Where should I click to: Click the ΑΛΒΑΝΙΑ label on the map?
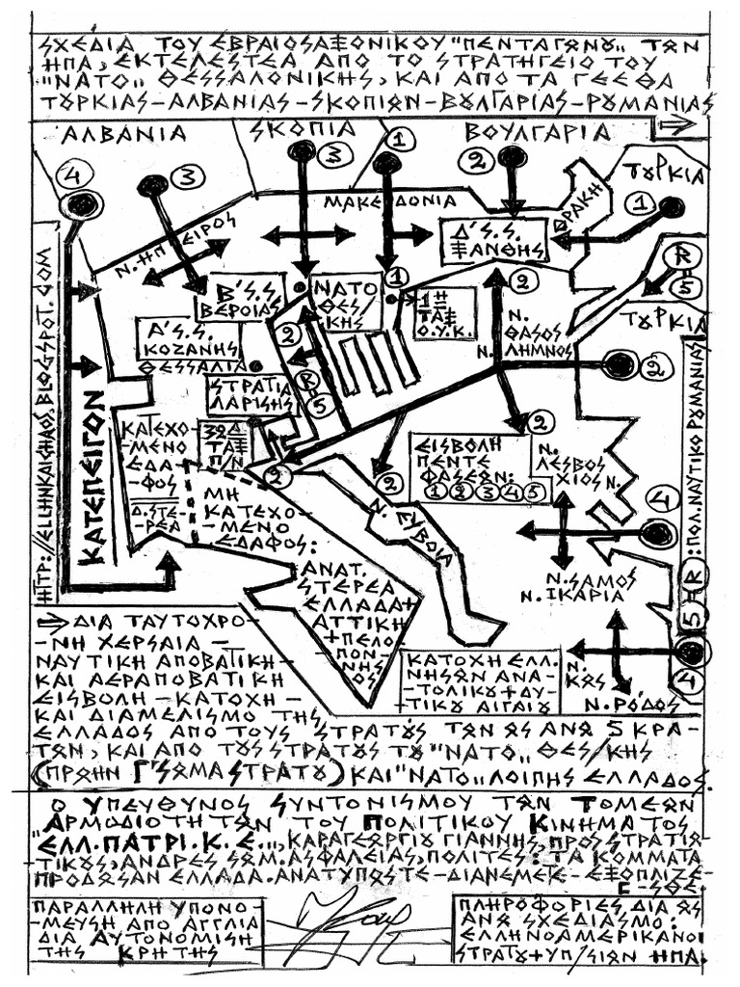110,137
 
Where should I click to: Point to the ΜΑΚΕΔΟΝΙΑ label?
389,202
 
